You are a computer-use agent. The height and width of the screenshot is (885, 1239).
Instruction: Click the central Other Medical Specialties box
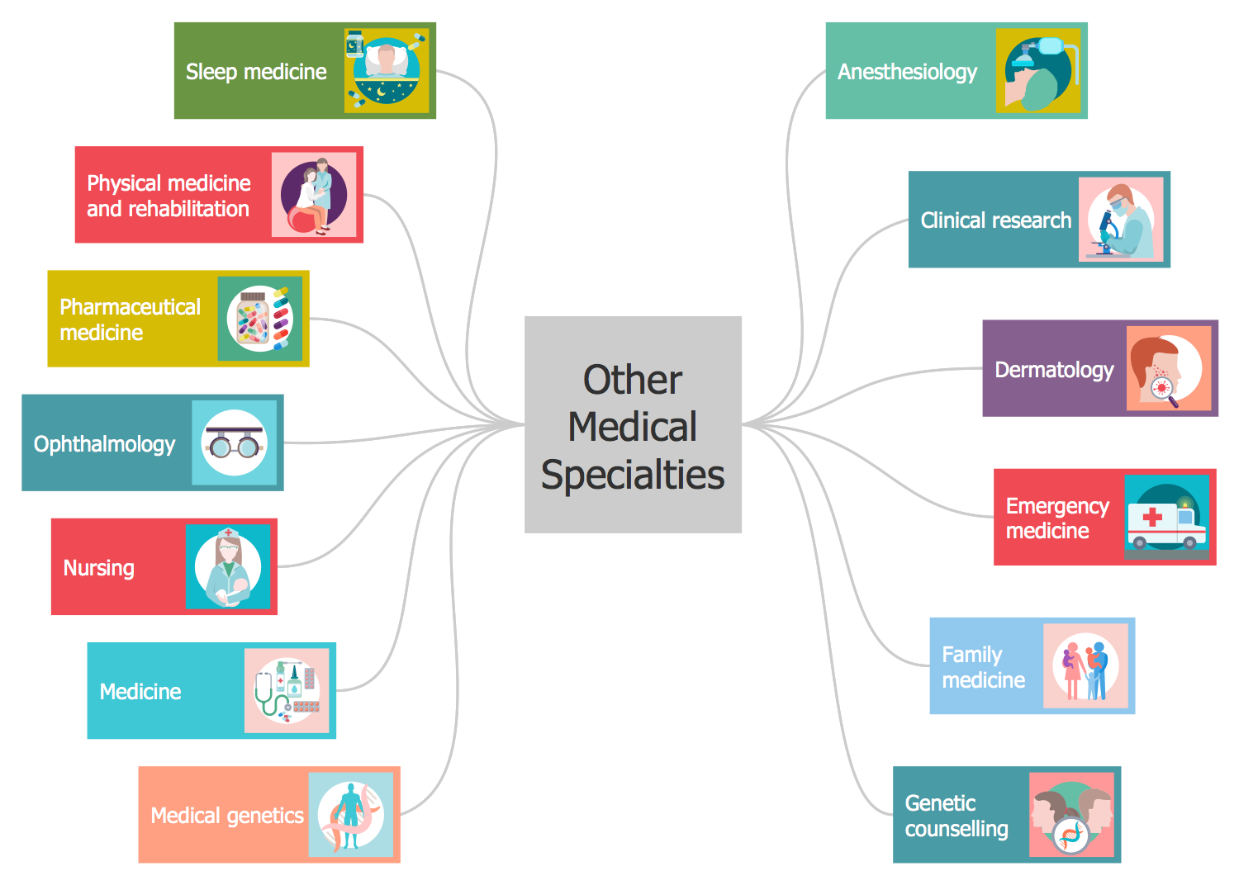(x=633, y=424)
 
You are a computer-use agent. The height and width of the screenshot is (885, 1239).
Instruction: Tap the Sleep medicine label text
(x=256, y=72)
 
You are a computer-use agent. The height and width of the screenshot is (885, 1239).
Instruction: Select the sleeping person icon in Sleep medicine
(x=386, y=71)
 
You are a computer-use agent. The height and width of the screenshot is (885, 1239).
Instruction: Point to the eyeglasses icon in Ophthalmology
(x=235, y=443)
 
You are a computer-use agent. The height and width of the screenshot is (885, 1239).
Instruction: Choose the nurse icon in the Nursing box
(x=228, y=567)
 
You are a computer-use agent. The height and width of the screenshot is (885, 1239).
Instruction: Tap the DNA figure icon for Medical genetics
(x=351, y=815)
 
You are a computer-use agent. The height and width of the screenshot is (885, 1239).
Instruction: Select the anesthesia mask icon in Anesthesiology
(x=1037, y=71)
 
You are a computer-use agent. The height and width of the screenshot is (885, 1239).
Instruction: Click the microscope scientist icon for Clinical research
(x=1120, y=220)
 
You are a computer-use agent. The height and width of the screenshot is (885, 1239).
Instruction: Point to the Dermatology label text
(x=1054, y=369)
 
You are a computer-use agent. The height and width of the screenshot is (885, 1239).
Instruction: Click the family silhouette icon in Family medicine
(x=1085, y=666)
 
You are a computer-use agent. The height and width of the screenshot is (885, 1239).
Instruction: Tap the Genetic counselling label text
(x=957, y=816)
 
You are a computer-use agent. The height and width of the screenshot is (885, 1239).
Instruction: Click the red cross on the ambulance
(x=1151, y=518)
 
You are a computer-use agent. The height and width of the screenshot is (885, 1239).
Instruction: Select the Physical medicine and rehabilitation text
(x=169, y=196)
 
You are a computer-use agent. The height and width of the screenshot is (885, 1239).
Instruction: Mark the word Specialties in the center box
(x=633, y=476)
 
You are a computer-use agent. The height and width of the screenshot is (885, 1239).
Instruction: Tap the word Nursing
(x=99, y=568)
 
